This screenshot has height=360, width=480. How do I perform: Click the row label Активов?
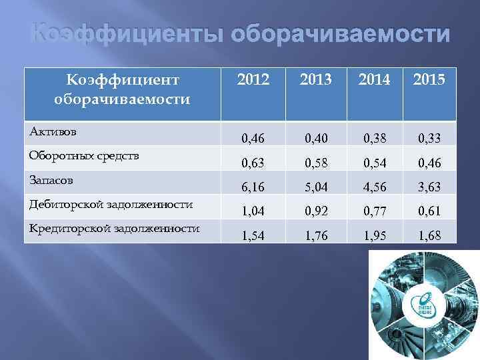point(53,131)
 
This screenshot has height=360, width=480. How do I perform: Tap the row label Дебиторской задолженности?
point(111,204)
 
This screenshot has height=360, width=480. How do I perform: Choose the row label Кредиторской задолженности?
point(114,228)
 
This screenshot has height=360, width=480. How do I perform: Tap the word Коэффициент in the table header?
point(123,81)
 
